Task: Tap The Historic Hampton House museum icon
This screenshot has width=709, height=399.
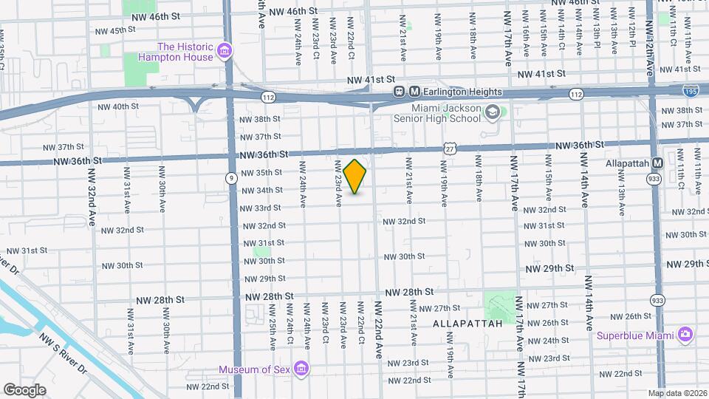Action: coord(225,52)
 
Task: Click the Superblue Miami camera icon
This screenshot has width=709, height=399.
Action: coord(685,335)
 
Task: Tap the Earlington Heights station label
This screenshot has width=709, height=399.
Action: coord(462,92)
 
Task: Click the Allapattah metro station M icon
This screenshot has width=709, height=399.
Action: coord(657,163)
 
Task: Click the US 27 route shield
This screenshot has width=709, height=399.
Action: coord(449,149)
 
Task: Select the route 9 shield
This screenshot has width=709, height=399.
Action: coord(232,177)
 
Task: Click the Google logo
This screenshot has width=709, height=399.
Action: coord(24,389)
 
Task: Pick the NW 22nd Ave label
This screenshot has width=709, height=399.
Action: coord(379,329)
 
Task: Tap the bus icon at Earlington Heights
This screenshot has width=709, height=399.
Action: coord(399,92)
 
